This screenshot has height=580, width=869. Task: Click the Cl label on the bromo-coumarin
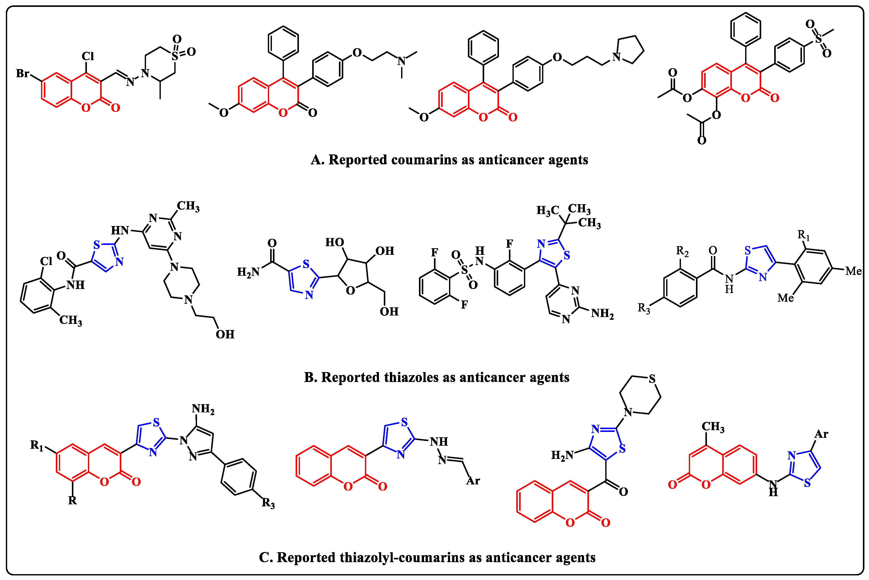(88, 56)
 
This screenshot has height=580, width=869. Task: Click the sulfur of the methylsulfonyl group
(818, 38)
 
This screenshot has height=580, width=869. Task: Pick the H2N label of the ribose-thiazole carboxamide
(248, 272)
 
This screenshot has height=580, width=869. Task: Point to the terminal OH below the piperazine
(225, 334)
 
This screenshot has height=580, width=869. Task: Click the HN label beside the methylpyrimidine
(120, 230)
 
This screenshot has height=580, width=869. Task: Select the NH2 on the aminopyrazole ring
(203, 409)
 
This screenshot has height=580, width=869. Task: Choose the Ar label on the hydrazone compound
(473, 481)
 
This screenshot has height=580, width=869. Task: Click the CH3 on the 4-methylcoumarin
(713, 427)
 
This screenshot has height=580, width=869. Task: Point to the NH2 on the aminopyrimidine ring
(602, 314)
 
